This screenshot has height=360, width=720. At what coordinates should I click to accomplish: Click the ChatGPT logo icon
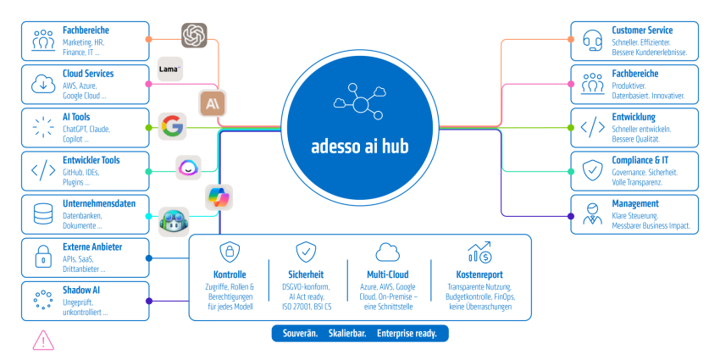click(194, 36)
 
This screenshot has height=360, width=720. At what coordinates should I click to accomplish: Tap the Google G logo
click(172, 126)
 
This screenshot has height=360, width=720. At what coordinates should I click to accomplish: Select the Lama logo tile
click(170, 69)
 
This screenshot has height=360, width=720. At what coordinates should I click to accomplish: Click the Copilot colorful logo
click(219, 197)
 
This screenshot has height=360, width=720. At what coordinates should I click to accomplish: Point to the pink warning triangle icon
click(43, 341)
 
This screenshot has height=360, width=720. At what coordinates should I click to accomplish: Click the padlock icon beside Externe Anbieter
click(43, 257)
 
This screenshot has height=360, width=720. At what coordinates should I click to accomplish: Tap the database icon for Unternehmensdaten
click(43, 214)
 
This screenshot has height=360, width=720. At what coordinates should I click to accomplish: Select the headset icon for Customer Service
click(592, 41)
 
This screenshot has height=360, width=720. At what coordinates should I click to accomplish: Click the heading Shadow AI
click(81, 291)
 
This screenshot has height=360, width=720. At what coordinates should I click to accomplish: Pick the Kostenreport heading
click(479, 274)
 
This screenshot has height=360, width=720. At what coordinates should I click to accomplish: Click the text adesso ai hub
click(359, 147)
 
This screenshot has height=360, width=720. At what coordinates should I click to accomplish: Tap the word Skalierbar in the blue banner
click(347, 334)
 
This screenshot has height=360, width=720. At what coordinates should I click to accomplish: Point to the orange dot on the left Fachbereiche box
click(148, 40)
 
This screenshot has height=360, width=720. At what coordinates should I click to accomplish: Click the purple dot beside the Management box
click(571, 216)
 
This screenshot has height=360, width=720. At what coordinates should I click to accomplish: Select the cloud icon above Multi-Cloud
click(388, 252)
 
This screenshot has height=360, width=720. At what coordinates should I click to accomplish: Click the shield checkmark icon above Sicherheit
click(306, 252)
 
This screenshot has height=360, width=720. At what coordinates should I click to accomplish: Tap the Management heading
click(635, 203)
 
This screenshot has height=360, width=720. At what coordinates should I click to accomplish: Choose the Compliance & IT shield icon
click(592, 170)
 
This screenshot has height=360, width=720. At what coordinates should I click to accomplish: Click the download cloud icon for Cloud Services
click(43, 84)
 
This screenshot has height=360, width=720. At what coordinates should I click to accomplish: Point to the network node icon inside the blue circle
click(359, 102)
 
